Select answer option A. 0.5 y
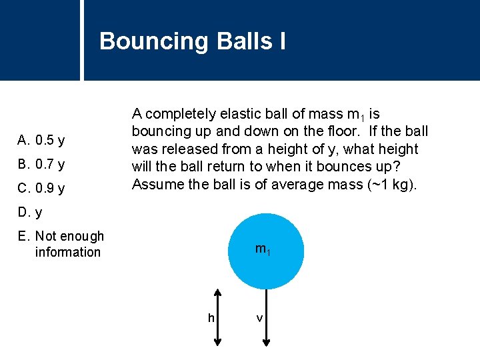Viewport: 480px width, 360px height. coord(41,140)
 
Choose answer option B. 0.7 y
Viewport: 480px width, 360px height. coord(41,164)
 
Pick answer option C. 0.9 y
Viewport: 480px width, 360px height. coord(41,188)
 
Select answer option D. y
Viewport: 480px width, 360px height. coord(30,213)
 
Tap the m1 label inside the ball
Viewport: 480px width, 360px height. coord(263,250)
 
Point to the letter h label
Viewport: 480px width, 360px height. coord(211,318)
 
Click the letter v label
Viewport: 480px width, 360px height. coord(259,318)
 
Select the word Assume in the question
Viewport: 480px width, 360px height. coord(155,183)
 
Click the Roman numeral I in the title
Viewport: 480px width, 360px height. coord(282,41)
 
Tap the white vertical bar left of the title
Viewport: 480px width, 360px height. coord(82,40)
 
